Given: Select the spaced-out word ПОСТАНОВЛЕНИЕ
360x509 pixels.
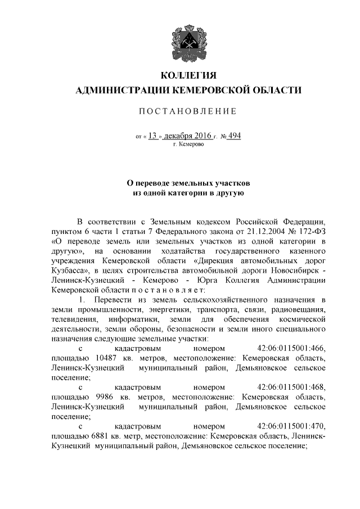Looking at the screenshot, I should coord(188,111).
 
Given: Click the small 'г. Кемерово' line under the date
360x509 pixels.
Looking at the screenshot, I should coord(188,145).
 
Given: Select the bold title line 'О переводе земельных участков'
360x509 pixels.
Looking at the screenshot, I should coord(188,183).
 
